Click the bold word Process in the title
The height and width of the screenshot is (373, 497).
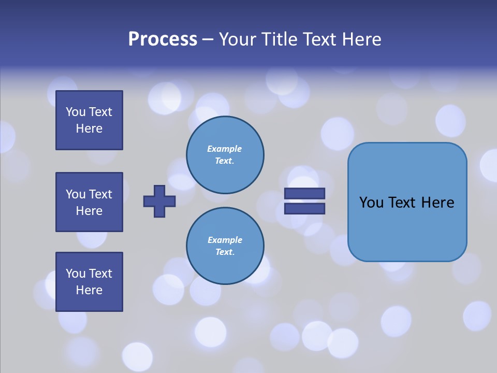point(163,39)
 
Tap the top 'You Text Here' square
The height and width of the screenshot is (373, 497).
point(89,120)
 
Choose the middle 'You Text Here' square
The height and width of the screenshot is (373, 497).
point(89,202)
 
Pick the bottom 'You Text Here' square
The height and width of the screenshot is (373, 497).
point(89,282)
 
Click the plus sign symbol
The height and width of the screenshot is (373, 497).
point(159,201)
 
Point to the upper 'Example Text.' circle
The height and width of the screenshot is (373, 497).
point(225,155)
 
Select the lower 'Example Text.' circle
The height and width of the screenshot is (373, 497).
point(225,246)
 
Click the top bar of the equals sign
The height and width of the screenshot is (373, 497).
point(304,194)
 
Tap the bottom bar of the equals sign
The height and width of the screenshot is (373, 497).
point(304,209)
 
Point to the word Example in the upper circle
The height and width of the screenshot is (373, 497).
point(224,149)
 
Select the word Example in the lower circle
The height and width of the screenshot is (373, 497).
point(225,240)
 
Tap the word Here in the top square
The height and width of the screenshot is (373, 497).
point(89,128)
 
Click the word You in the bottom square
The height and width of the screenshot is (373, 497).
point(76,274)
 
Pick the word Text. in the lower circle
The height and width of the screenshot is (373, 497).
point(225,252)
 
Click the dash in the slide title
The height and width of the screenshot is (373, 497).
point(208,40)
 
